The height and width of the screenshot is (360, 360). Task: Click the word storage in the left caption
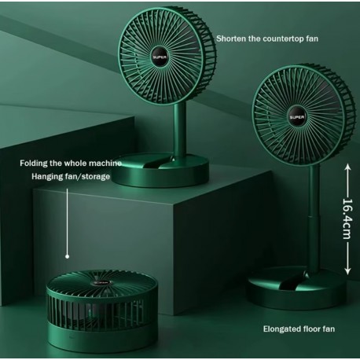96,177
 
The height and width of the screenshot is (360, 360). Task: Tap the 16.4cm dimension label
347,219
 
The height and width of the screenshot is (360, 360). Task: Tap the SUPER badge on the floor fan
297,117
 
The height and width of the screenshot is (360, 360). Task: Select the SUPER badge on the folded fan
101,283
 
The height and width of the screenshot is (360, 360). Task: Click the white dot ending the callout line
68,256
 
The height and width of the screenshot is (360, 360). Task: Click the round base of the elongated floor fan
296,288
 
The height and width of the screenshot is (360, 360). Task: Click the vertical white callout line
68,222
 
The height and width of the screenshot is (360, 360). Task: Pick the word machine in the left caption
105,163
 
